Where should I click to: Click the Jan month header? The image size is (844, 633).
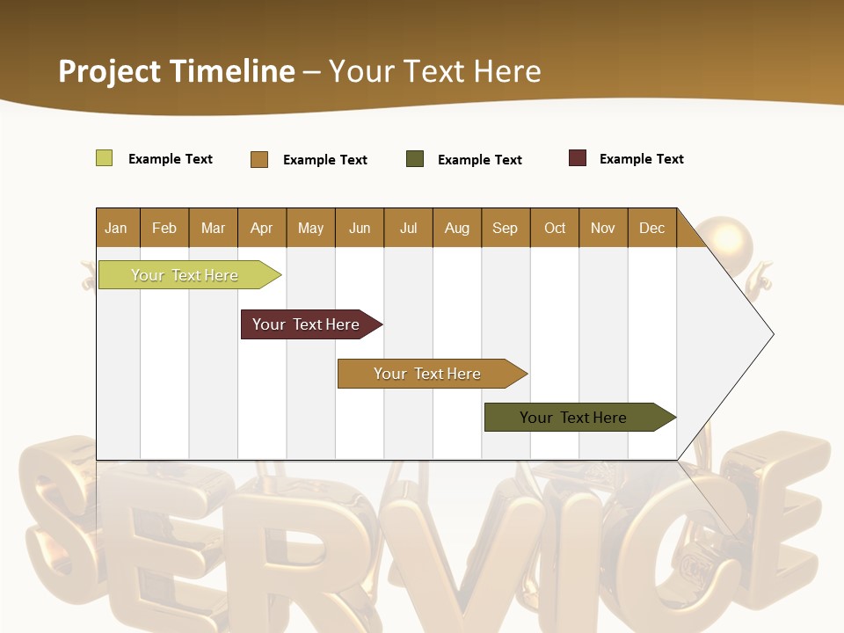click(x=117, y=228)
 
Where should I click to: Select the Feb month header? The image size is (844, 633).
click(x=164, y=228)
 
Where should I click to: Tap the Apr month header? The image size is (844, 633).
click(x=262, y=228)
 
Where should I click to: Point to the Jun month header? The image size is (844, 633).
click(x=360, y=228)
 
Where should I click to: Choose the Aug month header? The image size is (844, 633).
click(x=457, y=228)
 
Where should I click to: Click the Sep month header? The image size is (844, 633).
click(x=506, y=228)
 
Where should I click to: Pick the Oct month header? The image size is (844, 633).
click(x=555, y=228)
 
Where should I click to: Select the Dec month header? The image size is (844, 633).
click(x=652, y=228)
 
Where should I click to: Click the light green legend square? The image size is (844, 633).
click(x=105, y=158)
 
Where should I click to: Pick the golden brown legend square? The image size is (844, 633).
click(x=259, y=159)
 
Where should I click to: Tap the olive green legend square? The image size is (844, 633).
click(x=415, y=159)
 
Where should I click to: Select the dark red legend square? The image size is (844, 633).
click(x=578, y=158)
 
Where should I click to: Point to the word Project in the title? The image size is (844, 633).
click(x=110, y=71)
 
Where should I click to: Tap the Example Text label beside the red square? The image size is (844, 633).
click(x=641, y=159)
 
